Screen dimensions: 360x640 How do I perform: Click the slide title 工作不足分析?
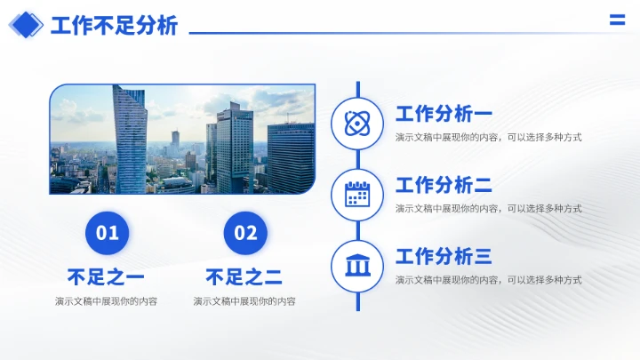pos(114,26)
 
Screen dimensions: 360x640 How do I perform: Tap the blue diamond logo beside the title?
pos(26,25)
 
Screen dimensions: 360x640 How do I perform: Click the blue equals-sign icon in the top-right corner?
pos(617,20)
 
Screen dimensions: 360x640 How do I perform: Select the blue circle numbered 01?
pos(108,233)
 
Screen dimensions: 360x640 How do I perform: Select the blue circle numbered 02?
pos(245,233)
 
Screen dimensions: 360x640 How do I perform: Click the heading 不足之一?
pos(106,276)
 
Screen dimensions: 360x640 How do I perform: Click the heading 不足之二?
pos(244,276)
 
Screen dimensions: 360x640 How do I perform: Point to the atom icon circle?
pos(357,124)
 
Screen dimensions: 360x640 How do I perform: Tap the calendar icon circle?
pos(357,194)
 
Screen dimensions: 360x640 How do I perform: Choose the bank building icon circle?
pos(357,265)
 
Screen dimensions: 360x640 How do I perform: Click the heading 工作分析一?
pos(444,114)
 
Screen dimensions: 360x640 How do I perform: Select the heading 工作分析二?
pos(444,185)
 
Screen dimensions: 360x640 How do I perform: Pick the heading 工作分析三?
pos(444,257)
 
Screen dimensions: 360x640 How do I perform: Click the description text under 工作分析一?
pos(488,137)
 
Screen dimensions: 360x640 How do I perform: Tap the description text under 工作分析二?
pos(488,208)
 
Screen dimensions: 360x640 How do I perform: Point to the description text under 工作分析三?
pos(488,279)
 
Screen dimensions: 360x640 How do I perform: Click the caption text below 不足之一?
pos(106,301)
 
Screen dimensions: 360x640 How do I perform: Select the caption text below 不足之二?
pos(244,301)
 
